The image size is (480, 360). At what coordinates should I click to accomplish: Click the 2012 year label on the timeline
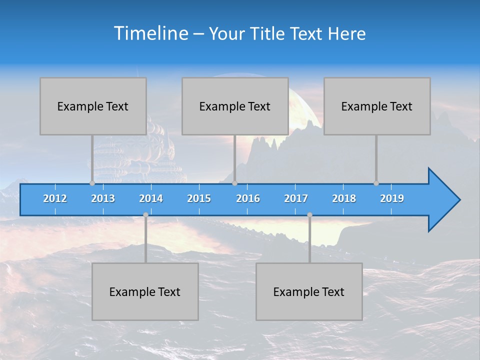pyautogui.click(x=55, y=198)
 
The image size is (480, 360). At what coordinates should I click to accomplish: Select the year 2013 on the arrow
pyautogui.click(x=103, y=198)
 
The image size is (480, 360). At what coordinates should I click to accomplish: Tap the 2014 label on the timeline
pyautogui.click(x=151, y=198)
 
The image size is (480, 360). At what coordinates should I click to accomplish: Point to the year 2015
pyautogui.click(x=199, y=198)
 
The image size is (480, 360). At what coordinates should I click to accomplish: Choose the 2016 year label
pyautogui.click(x=248, y=198)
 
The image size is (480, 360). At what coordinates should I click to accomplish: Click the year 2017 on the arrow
pyautogui.click(x=296, y=198)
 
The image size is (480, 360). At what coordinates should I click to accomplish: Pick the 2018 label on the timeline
pyautogui.click(x=344, y=198)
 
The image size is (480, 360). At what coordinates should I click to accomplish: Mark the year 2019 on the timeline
pyautogui.click(x=392, y=198)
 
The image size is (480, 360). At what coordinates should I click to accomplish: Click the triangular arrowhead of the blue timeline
pyautogui.click(x=443, y=200)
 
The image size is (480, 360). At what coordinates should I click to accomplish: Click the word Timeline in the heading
pyautogui.click(x=150, y=33)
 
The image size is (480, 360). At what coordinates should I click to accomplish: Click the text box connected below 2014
pyautogui.click(x=145, y=291)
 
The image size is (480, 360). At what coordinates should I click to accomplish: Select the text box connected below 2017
pyautogui.click(x=309, y=291)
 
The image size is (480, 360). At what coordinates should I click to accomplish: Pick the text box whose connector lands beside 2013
pyautogui.click(x=93, y=106)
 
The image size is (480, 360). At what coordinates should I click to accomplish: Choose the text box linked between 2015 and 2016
pyautogui.click(x=235, y=106)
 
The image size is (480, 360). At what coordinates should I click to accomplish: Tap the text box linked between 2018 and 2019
pyautogui.click(x=377, y=106)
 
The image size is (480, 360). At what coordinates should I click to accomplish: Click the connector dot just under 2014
pyautogui.click(x=145, y=214)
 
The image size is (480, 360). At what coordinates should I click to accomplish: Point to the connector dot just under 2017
pyautogui.click(x=309, y=214)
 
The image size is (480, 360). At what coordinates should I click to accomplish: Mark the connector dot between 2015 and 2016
pyautogui.click(x=234, y=183)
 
